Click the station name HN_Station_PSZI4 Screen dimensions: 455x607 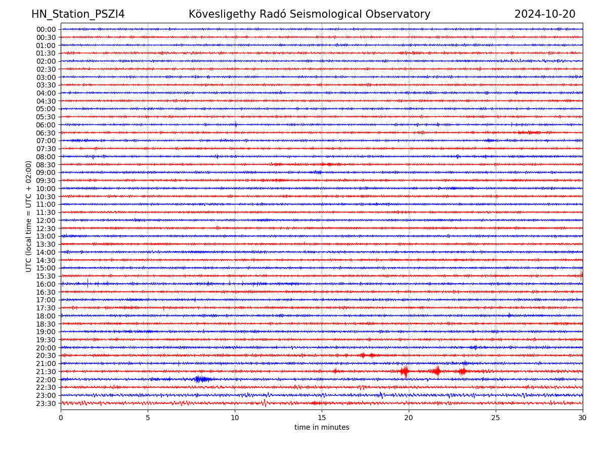78,14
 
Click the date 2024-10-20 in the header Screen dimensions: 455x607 545,14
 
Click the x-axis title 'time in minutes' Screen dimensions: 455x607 322,427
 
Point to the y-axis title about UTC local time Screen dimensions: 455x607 29,216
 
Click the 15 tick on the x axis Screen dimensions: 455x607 322,418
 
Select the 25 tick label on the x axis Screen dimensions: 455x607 496,418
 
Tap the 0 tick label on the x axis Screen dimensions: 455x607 61,418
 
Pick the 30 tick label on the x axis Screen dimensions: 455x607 583,418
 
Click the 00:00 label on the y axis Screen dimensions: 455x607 46,29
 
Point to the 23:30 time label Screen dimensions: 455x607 46,403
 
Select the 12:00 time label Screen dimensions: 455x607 46,220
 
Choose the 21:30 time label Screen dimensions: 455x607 46,372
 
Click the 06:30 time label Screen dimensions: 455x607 46,133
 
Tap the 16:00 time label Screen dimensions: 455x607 46,284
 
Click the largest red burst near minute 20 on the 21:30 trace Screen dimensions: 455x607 405,372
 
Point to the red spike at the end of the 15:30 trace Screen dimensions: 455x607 582,275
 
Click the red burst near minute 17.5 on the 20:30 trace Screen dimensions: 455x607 363,355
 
